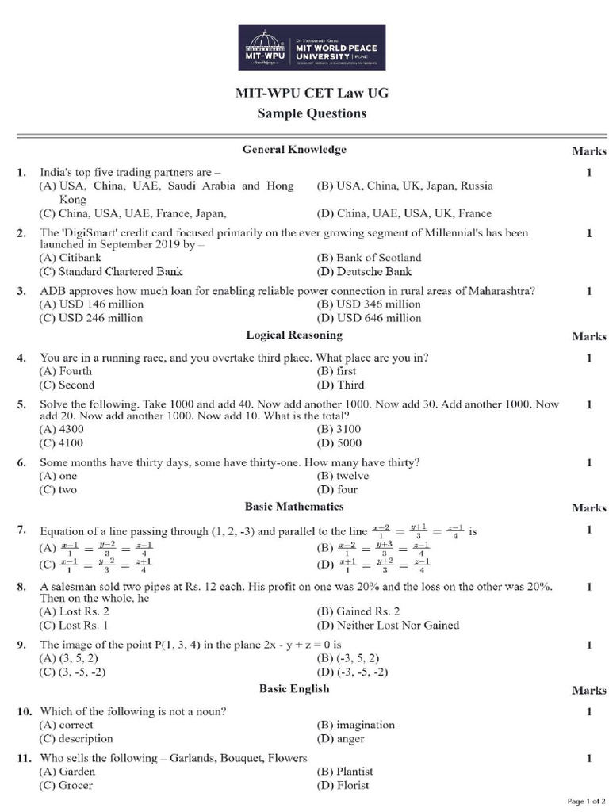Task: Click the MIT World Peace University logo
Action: (x=312, y=48)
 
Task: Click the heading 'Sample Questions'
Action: (x=312, y=113)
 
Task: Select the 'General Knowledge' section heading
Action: (x=294, y=149)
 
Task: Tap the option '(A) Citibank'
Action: (x=70, y=258)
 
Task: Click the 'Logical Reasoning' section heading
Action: (x=294, y=335)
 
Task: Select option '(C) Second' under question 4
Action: (x=67, y=385)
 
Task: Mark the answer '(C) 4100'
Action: (x=62, y=443)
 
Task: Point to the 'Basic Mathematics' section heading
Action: (x=294, y=506)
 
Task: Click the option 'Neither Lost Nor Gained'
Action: (x=388, y=625)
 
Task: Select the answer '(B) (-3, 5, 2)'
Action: (x=348, y=658)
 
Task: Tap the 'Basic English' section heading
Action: (x=294, y=688)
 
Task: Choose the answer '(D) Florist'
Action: (x=343, y=786)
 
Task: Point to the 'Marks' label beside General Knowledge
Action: (x=588, y=151)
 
